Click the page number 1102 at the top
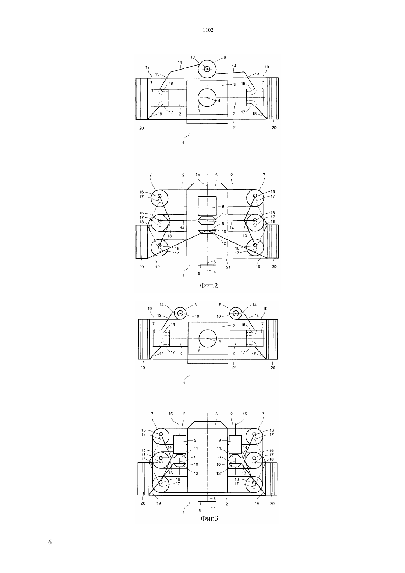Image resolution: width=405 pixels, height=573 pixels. tap(208, 30)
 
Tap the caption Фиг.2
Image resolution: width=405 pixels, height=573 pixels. tap(209, 285)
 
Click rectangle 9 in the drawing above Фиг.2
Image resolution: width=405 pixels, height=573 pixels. tap(207, 206)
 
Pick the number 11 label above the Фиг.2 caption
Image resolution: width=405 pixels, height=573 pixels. tap(224, 214)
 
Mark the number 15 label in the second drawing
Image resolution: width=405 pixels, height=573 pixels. tap(197, 175)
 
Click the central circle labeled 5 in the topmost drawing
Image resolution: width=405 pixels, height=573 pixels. tap(207, 98)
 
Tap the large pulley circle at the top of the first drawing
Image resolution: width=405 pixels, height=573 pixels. tap(207, 69)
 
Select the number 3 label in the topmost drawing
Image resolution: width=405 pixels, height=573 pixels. tap(235, 84)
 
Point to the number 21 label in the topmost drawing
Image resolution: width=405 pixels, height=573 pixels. tap(234, 128)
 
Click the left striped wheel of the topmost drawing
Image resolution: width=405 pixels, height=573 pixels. tap(142, 98)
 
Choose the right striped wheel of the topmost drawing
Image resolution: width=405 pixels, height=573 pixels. tap(272, 98)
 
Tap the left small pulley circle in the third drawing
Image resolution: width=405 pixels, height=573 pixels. tap(180, 313)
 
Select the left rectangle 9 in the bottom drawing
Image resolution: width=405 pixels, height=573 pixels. tap(180, 444)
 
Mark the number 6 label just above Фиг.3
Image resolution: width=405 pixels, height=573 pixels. tap(215, 499)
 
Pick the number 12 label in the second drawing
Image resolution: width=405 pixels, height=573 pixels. tap(224, 243)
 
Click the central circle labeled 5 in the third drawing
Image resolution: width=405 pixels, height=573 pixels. tap(208, 338)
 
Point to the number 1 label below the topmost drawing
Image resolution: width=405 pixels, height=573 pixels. tap(183, 143)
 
